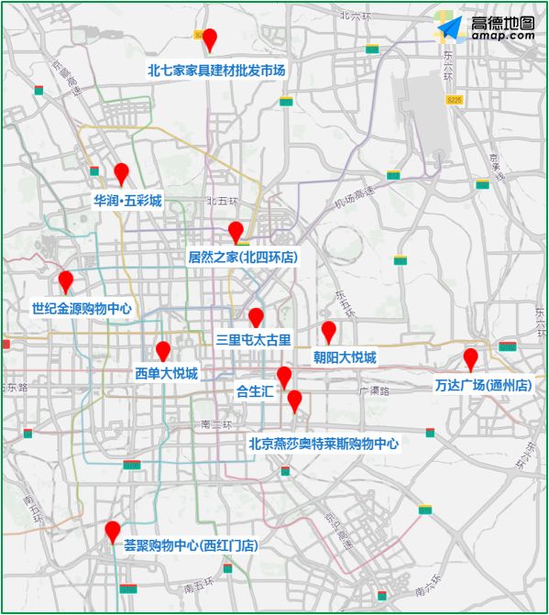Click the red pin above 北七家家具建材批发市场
click(x=209, y=39)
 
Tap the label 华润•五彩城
click(x=127, y=200)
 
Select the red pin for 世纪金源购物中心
click(x=65, y=280)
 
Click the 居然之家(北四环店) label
click(x=243, y=258)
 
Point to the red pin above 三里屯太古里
click(x=256, y=317)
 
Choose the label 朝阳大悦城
click(x=345, y=357)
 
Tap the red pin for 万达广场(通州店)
click(x=470, y=357)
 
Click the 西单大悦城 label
click(x=166, y=373)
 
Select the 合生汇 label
click(x=255, y=390)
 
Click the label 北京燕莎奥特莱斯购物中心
click(x=324, y=443)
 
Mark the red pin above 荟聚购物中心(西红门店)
click(x=113, y=531)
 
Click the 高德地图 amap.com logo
click(x=487, y=28)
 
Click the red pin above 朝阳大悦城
click(x=329, y=331)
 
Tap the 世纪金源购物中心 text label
click(x=82, y=309)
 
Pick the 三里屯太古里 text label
click(x=253, y=339)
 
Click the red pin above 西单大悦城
click(x=163, y=350)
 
